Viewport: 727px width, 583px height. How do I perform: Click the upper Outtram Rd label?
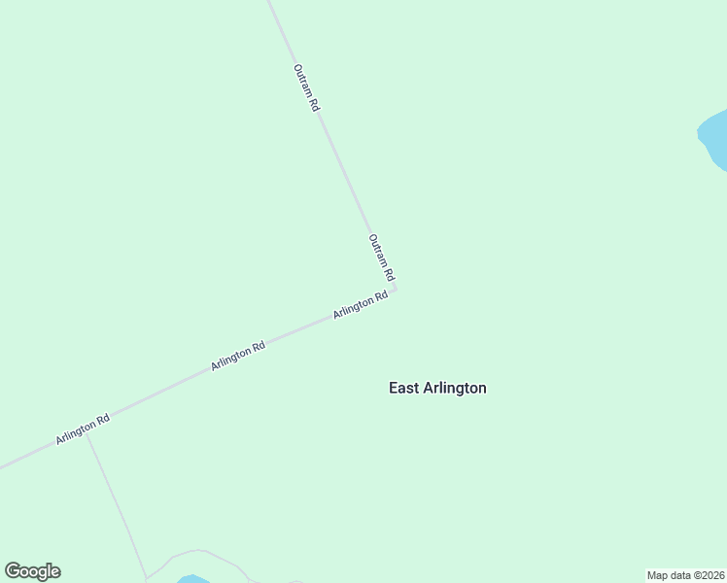[306, 88]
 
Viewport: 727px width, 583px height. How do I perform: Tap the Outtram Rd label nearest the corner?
[381, 257]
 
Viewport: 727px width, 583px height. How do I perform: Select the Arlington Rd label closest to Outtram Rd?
[361, 305]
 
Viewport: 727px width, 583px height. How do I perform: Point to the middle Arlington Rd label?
[238, 356]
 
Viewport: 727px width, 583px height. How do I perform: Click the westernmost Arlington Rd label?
[83, 429]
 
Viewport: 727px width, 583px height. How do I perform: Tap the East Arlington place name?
[437, 388]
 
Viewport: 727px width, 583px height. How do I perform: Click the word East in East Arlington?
[404, 388]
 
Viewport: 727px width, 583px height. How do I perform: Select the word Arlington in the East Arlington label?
[455, 388]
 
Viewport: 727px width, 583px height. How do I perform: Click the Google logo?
[33, 571]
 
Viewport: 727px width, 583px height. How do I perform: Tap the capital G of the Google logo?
[13, 571]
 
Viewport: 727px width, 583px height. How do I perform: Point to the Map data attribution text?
[685, 575]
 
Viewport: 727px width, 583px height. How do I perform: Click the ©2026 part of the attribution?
[707, 575]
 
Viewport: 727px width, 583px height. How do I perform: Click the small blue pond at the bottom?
[193, 579]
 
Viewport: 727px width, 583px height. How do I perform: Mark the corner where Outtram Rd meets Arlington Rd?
[394, 288]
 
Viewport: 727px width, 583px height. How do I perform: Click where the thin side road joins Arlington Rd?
[87, 434]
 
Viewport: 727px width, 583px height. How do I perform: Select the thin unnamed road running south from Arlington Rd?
[117, 505]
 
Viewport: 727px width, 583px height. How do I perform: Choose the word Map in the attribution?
[658, 575]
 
